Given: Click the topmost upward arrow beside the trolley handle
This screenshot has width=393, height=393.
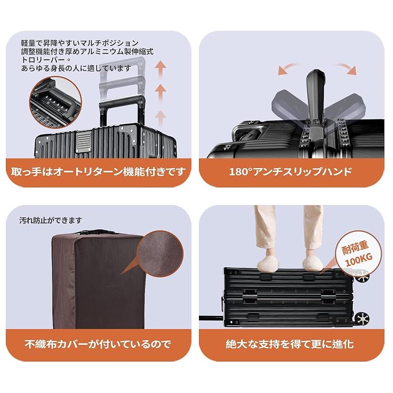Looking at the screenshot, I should point(160,67).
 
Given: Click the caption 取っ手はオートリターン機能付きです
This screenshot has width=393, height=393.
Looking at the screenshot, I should point(99,171).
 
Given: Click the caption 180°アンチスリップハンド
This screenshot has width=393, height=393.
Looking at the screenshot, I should point(290,171).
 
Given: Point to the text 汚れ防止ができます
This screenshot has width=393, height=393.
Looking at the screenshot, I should point(51,220).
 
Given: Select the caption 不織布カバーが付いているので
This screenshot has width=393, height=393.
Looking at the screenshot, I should point(99,343).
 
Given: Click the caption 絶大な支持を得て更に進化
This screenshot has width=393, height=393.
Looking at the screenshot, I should point(290,343).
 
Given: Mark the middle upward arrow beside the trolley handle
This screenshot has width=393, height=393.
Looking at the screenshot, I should point(160,91).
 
